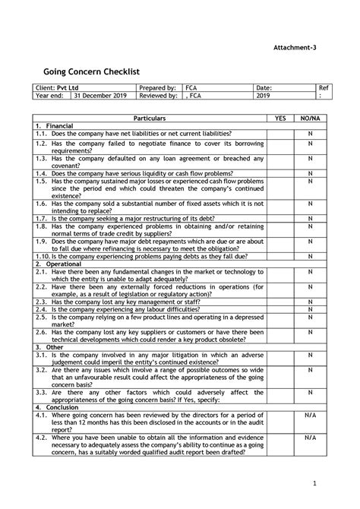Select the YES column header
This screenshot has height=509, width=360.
(280, 119)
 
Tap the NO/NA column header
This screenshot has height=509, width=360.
(310, 119)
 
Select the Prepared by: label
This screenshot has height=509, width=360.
(159, 89)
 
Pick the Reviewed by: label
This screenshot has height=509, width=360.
(159, 97)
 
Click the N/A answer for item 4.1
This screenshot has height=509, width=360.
(310, 415)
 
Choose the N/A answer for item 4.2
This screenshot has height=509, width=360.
(310, 438)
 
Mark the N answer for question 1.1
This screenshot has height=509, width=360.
(310, 134)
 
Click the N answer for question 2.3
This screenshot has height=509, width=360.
(310, 302)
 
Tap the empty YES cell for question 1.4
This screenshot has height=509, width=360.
(280, 173)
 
